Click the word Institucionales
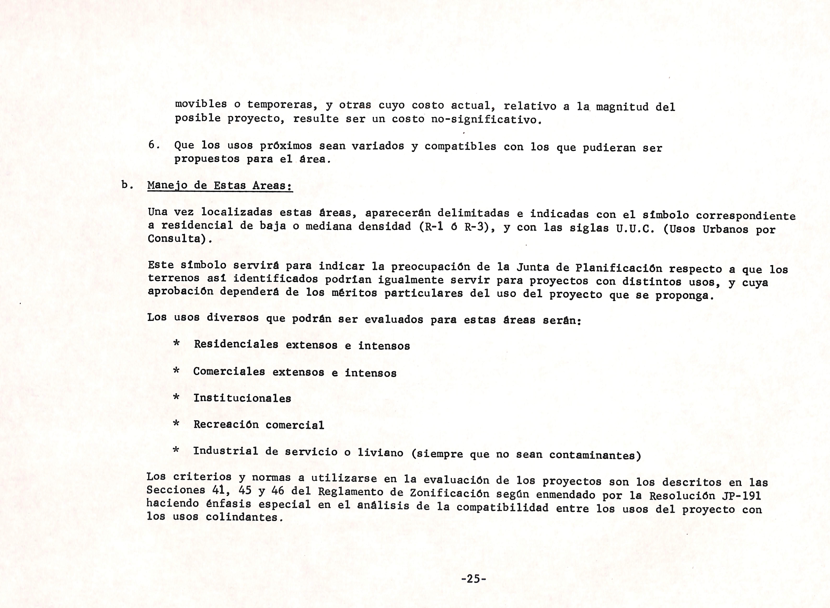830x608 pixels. [242, 398]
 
